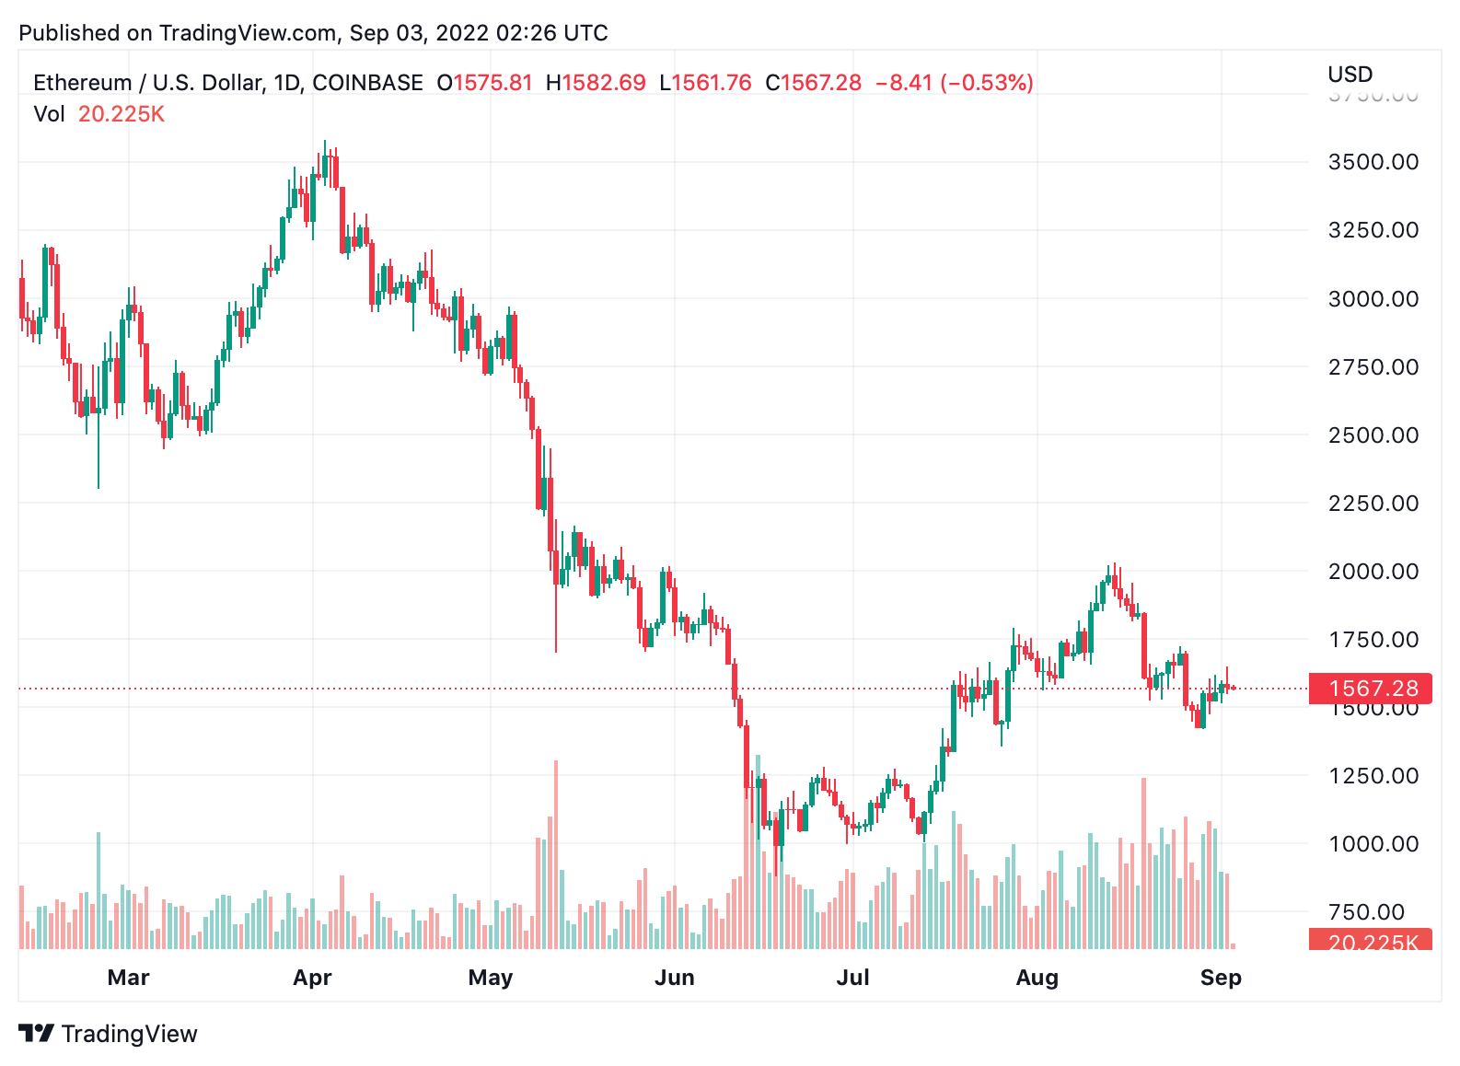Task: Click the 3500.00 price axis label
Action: point(1373,162)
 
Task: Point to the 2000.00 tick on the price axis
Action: point(1373,572)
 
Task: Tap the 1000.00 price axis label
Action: point(1373,844)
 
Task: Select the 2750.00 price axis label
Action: point(1373,367)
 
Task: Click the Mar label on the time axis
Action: point(128,978)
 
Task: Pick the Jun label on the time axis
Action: point(674,978)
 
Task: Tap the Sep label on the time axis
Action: point(1221,978)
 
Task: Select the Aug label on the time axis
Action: point(1037,978)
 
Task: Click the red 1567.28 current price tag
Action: point(1371,689)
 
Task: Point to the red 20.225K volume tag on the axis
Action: point(1371,941)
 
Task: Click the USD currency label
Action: point(1350,75)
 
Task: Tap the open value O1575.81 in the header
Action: point(484,83)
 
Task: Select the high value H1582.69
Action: point(596,83)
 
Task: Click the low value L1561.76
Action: point(705,83)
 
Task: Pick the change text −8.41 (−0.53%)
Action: point(954,83)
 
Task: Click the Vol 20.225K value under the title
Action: point(121,114)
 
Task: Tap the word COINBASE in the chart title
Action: point(367,83)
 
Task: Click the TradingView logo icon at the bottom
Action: point(37,1034)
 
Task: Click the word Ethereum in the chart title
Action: point(82,83)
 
